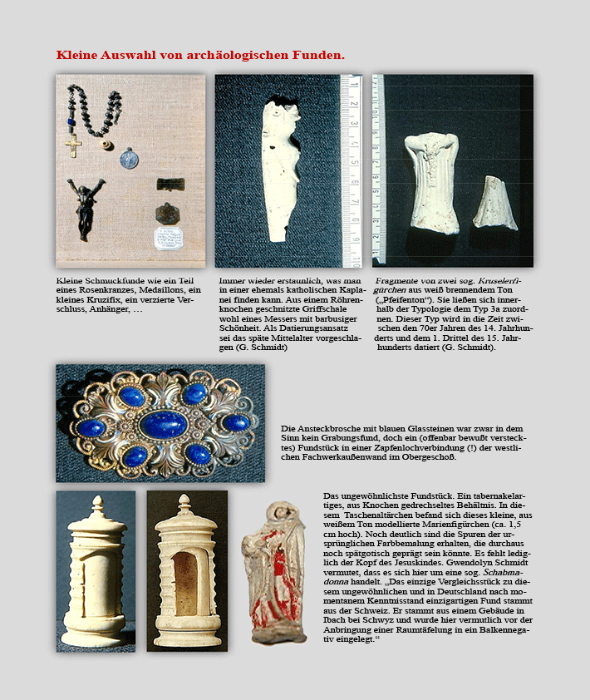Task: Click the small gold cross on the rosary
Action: [74, 146]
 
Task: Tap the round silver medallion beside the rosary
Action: [127, 157]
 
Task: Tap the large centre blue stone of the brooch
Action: [163, 424]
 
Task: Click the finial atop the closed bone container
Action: [96, 505]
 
